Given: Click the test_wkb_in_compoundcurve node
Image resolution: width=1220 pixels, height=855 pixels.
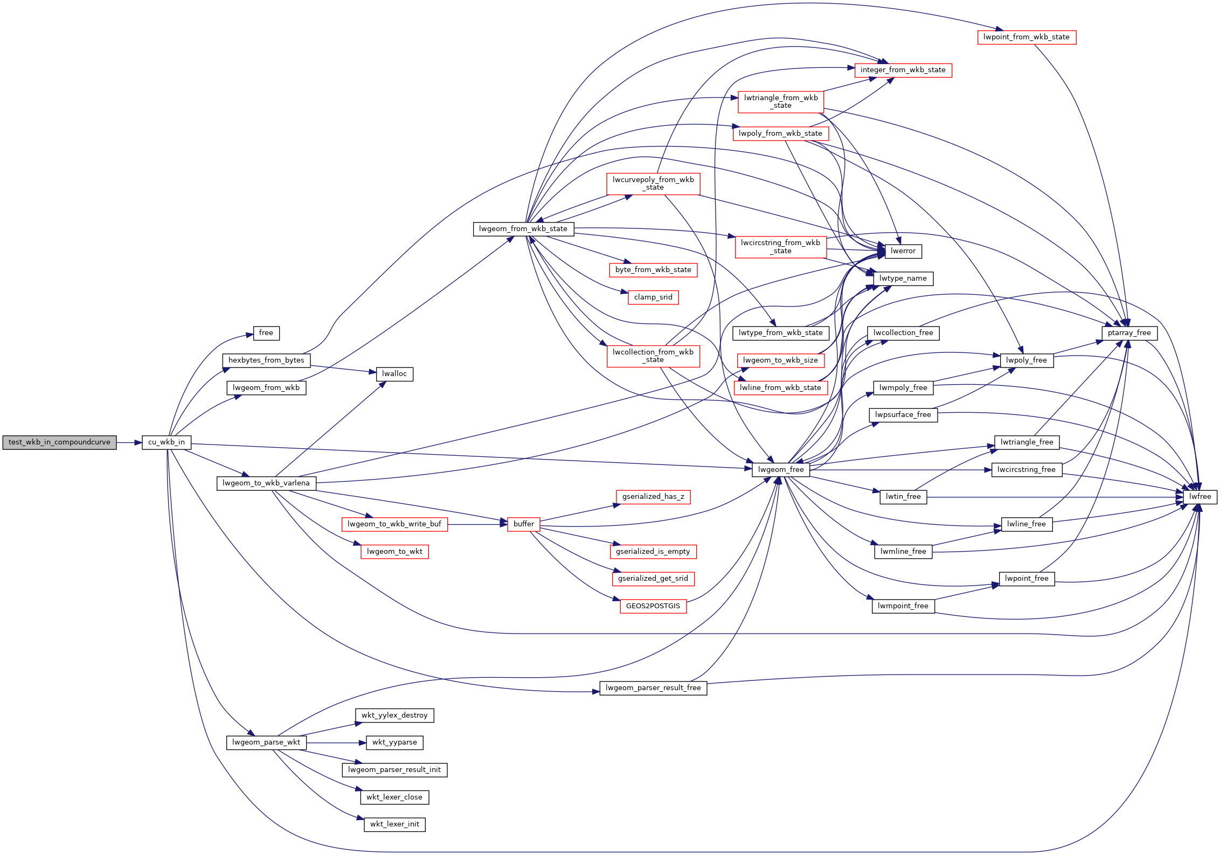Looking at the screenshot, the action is tap(59, 442).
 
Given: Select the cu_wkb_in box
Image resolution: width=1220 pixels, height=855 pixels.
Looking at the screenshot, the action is tap(167, 442).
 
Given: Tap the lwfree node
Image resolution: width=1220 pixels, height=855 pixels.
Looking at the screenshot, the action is tap(1200, 497).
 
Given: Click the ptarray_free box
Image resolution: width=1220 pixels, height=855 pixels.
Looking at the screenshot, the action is tap(1129, 333).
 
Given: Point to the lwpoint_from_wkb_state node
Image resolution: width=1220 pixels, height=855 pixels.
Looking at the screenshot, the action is tap(1027, 37).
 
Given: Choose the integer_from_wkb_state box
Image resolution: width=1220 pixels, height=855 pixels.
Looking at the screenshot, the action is tap(903, 70).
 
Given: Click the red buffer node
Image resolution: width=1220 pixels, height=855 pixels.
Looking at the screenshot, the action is tap(524, 524).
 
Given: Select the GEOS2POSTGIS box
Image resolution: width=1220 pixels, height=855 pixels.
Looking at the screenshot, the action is tap(653, 606).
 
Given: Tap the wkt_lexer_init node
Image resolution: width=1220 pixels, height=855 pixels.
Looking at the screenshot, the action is tap(395, 824).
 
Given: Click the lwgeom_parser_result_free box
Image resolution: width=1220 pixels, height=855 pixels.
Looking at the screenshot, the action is tap(653, 688).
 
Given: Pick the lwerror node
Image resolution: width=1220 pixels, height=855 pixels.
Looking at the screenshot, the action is tap(903, 251).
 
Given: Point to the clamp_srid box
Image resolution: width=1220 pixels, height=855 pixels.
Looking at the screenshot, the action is tap(653, 297).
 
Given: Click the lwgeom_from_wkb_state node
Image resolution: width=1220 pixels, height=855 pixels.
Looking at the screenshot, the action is tap(523, 229).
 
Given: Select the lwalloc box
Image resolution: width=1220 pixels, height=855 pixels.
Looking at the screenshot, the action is tap(395, 374).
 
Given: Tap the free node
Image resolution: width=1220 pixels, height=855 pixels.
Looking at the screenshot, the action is tap(266, 333).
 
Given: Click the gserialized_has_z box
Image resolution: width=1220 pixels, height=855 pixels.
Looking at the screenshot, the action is tap(653, 497).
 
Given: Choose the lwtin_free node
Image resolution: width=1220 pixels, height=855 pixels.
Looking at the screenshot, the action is tap(903, 497).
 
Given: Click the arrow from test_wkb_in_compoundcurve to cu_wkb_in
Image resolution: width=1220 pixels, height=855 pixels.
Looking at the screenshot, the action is tap(129, 442).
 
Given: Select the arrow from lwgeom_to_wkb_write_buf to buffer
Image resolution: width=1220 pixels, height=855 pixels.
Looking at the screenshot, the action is tap(477, 524).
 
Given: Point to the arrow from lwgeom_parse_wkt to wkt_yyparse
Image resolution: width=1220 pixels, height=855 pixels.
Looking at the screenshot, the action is tap(337, 742).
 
